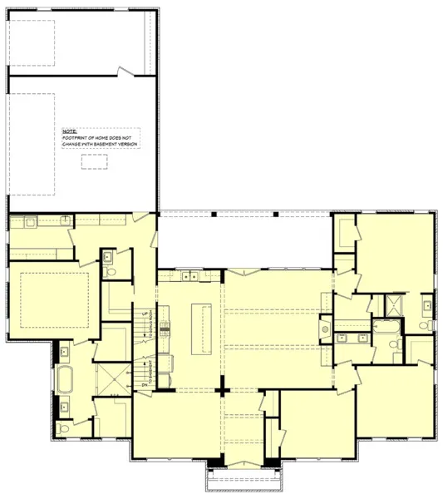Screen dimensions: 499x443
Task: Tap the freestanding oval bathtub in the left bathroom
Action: pyautogui.click(x=66, y=382)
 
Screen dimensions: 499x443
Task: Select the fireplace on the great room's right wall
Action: pyautogui.click(x=325, y=332)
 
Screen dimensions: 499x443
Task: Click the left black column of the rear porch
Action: pyautogui.click(x=214, y=215)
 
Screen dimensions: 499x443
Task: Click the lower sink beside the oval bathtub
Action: pyautogui.click(x=65, y=407)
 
